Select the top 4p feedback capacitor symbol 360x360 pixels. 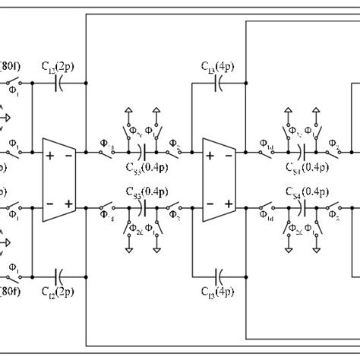coord(219,84)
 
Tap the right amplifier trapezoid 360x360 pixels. coord(219,179)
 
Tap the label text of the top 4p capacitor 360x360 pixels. coord(219,67)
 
